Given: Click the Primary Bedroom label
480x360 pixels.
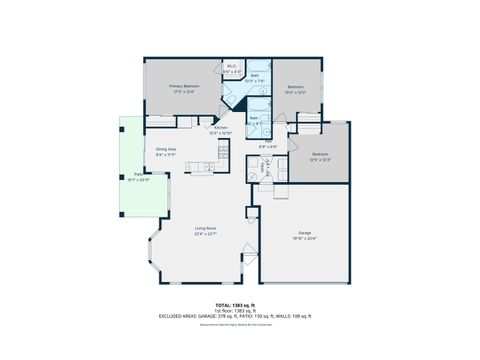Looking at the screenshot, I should (184, 86).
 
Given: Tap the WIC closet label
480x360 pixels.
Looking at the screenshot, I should (231, 67).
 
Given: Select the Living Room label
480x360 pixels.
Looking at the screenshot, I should (206, 229).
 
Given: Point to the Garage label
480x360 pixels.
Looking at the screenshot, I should (305, 232).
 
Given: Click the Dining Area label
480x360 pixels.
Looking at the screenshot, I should (166, 150).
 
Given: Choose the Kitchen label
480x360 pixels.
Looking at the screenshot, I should (221, 128).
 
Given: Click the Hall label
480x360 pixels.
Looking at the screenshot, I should (269, 146).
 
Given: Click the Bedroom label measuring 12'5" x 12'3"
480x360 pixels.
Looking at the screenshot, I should (319, 153).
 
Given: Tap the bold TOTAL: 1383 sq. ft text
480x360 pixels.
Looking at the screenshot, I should (236, 304).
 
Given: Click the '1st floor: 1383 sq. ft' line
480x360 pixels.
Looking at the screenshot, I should (236, 310).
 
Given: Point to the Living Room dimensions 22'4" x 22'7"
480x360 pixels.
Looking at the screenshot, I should (206, 235).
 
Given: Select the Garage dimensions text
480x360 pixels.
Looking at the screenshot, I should (305, 238).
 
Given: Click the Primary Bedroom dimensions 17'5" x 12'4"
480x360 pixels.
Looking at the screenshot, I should (184, 92).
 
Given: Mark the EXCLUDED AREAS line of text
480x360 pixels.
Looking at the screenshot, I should (236, 316).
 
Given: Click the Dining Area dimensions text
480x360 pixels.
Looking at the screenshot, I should (166, 155).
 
